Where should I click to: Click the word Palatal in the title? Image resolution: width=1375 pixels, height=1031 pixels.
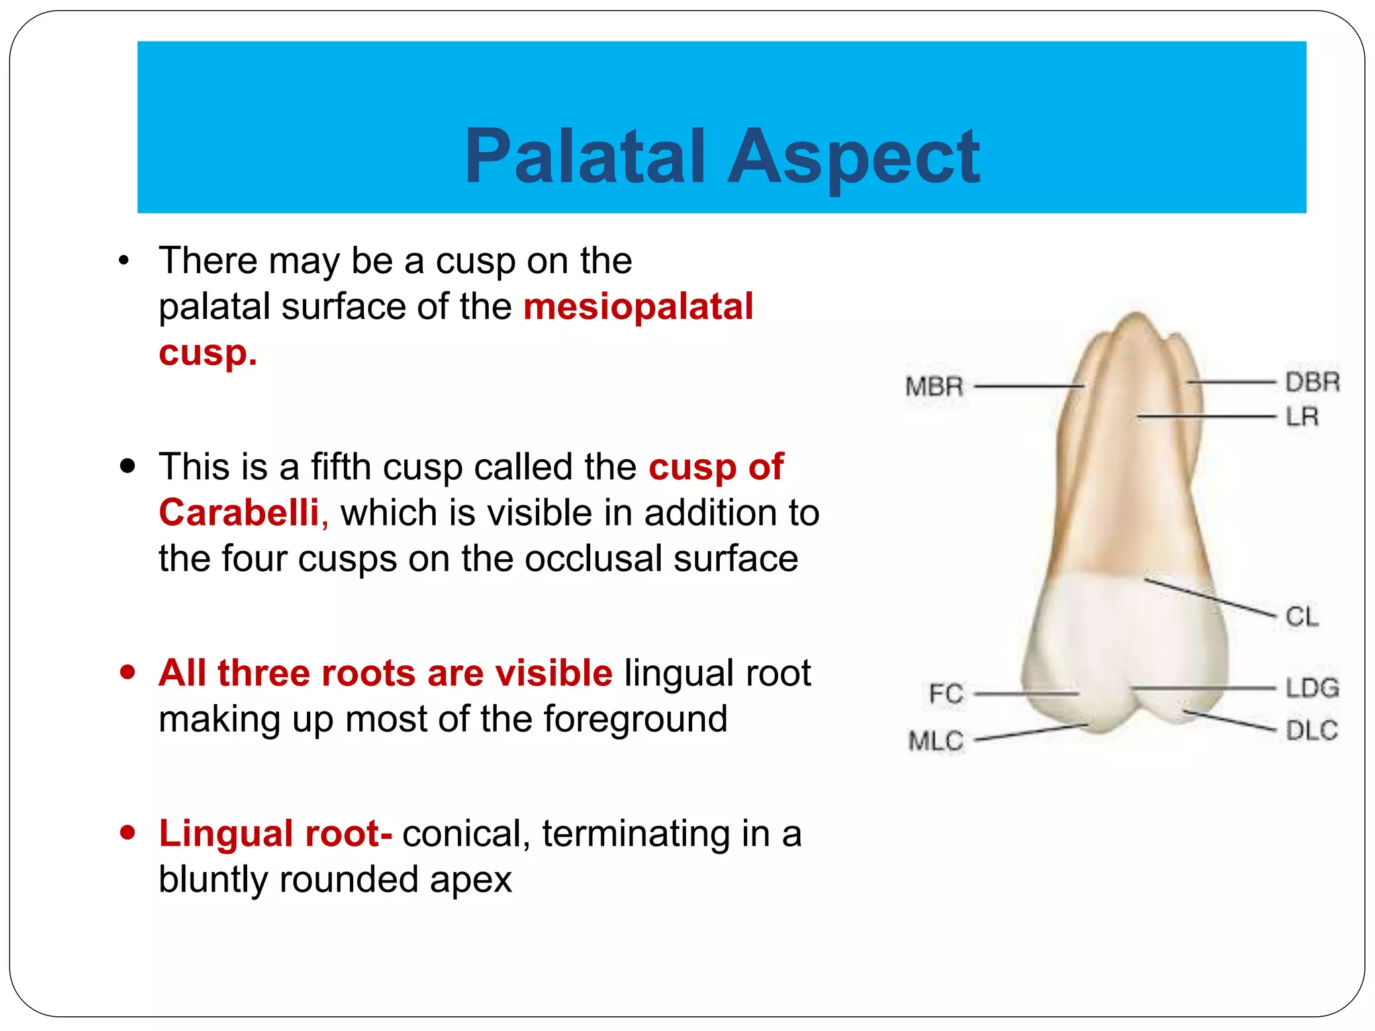584,156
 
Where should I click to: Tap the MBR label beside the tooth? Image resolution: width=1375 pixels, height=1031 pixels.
934,387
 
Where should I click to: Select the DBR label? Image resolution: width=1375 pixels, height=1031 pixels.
1312,382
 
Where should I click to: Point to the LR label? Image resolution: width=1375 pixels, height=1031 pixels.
1302,417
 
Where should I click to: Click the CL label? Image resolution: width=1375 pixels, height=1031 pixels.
1302,616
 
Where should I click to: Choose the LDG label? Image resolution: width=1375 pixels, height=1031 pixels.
1312,688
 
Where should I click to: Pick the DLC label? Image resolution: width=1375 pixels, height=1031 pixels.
1311,730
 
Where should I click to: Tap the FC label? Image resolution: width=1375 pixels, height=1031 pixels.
946,693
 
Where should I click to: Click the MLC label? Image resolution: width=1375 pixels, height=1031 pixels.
936,741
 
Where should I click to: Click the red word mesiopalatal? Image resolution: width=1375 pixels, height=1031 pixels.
638,307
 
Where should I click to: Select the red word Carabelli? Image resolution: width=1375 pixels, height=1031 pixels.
239,513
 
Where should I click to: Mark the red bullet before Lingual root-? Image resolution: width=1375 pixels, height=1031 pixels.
128,833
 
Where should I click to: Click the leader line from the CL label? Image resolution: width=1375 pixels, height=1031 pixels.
1208,597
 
